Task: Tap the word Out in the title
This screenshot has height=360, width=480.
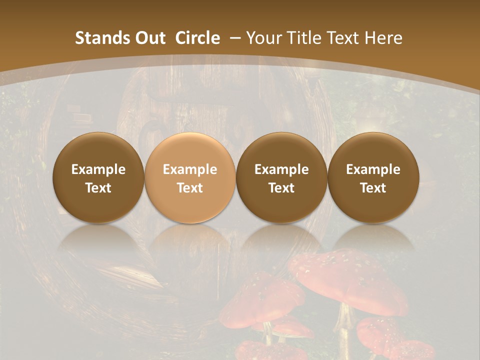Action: (x=148, y=38)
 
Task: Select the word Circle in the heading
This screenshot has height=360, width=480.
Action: (x=197, y=38)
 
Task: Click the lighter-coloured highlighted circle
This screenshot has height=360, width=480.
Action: (x=190, y=177)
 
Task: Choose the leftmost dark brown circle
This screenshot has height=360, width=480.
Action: (x=98, y=177)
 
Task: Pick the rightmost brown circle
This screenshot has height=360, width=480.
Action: (x=373, y=177)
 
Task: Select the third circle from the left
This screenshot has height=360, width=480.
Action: (x=281, y=177)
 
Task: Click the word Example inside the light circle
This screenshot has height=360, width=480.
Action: (x=190, y=169)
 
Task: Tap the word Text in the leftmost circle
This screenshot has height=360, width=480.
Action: (x=98, y=188)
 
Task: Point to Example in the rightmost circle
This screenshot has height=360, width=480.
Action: (x=373, y=169)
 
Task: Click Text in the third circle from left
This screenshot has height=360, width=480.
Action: (x=281, y=188)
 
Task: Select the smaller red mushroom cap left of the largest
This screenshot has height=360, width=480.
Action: (x=262, y=300)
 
